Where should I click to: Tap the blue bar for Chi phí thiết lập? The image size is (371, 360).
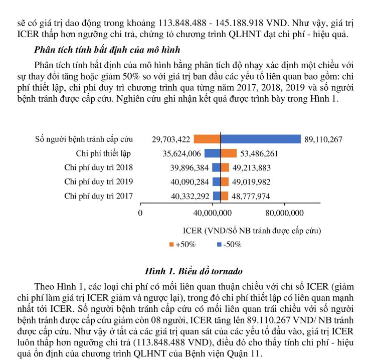coord(212,153)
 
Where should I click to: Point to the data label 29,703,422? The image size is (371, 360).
coord(171,139)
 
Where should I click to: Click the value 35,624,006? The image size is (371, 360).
coord(182,153)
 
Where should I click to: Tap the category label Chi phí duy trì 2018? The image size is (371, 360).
coord(99,167)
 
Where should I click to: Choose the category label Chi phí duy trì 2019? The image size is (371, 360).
coord(99,182)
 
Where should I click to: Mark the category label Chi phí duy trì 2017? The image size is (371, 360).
coord(99,196)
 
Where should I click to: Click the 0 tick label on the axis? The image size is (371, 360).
coord(140,213)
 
